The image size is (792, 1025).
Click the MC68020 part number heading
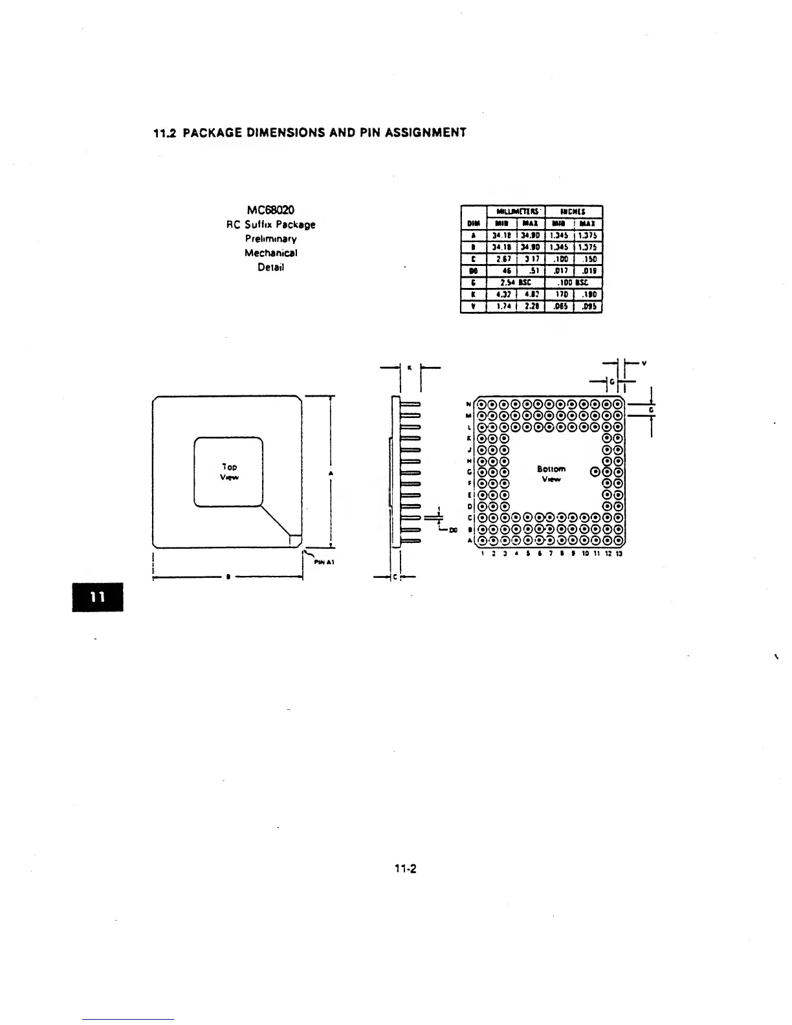coord(270,210)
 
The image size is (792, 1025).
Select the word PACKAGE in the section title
coord(214,133)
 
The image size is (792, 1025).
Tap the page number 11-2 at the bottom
coord(406,868)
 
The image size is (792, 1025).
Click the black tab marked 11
coord(96,597)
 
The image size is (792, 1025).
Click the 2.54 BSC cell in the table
coord(516,283)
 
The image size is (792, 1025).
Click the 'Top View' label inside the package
coord(229,472)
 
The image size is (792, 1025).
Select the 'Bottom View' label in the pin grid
coord(551,474)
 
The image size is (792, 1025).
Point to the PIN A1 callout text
coord(323,562)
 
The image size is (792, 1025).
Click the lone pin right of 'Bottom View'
coord(595,471)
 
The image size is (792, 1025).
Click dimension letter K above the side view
coord(409,367)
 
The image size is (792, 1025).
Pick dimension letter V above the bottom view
coord(643,363)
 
